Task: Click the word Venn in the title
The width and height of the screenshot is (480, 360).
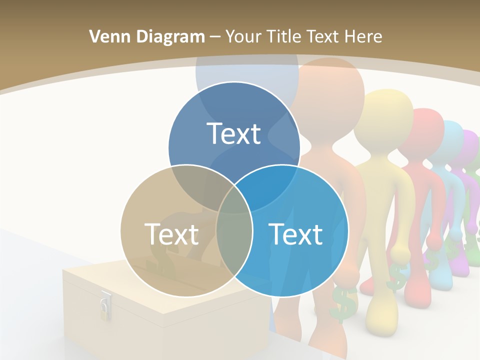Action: [107, 36]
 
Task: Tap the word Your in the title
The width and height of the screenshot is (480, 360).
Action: [244, 36]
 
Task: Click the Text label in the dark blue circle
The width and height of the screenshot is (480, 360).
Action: [234, 133]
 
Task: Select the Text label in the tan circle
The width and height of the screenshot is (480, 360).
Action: [171, 233]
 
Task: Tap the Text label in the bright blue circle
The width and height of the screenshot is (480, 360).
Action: [295, 233]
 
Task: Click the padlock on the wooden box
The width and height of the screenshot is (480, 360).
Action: [105, 306]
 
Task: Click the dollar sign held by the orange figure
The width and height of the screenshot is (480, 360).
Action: [344, 302]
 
